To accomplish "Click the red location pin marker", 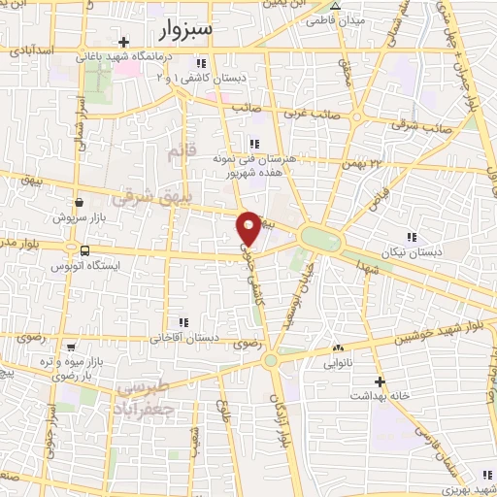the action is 249,227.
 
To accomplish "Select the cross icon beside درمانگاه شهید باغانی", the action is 123,42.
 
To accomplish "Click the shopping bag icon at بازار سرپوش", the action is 79,203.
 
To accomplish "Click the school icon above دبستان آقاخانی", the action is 182,323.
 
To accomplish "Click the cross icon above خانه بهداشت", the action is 379,381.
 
